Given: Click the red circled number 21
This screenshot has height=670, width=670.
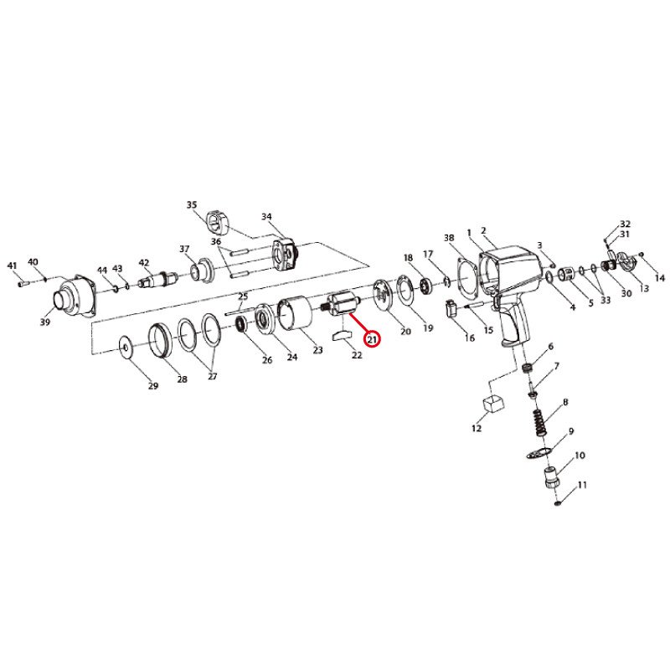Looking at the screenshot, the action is click(372, 340).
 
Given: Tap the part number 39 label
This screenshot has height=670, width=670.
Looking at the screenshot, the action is click(45, 322).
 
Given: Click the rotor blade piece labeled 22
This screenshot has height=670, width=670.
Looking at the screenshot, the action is click(341, 334).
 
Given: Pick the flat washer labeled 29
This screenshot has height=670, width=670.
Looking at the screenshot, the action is click(126, 346).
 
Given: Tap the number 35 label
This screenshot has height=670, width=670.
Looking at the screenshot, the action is click(192, 204).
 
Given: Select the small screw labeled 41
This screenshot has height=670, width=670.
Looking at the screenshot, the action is click(24, 283).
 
